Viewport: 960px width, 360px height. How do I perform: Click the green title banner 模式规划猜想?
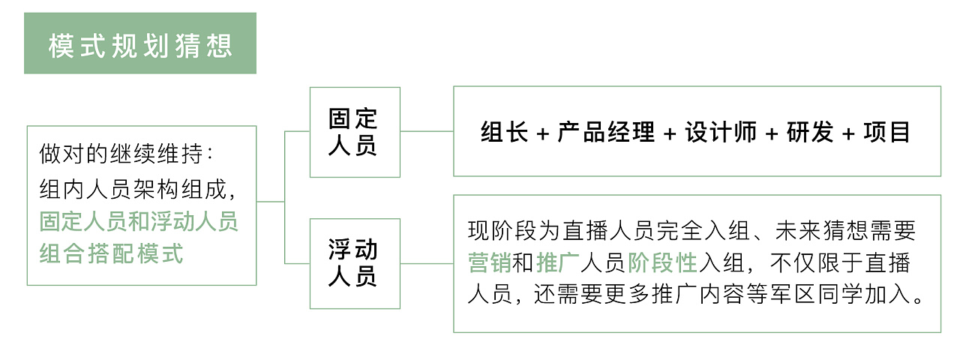click(x=140, y=43)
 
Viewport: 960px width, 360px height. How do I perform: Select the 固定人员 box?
click(x=355, y=132)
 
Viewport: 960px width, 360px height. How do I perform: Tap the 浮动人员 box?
click(x=355, y=263)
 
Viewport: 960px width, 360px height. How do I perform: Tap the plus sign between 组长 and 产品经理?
click(x=544, y=133)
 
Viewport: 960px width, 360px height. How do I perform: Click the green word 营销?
click(x=490, y=262)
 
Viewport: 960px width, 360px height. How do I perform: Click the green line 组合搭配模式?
click(x=112, y=253)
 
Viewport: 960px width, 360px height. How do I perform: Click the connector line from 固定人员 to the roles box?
click(x=427, y=131)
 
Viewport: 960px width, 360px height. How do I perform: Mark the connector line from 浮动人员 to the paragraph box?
click(x=427, y=263)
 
